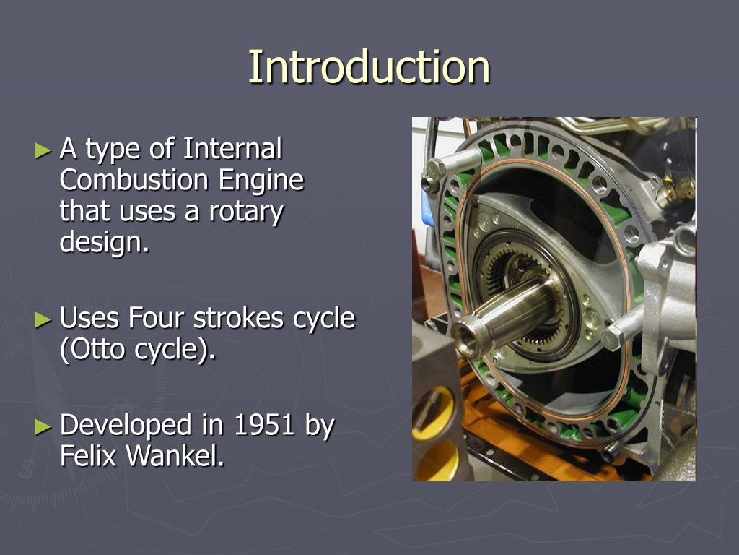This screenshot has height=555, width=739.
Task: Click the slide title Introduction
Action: (x=369, y=67)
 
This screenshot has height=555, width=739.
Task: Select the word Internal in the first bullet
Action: (x=232, y=150)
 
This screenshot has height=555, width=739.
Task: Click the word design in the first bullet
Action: (x=101, y=244)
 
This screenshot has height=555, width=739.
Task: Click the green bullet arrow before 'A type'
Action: (x=44, y=150)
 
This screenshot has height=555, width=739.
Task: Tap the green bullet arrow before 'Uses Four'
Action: (x=44, y=319)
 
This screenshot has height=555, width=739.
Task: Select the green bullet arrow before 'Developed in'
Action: (x=44, y=426)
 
